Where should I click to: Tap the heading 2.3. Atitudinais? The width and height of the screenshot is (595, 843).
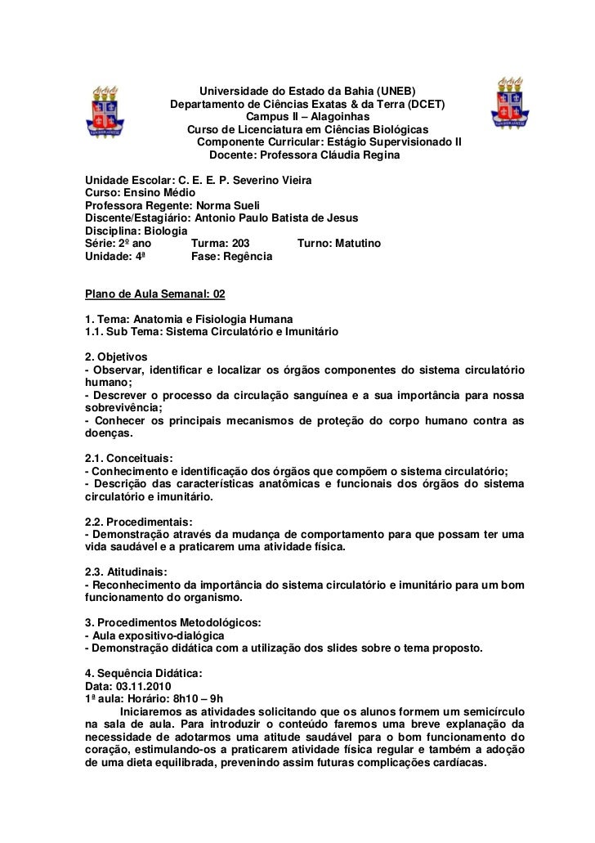click(x=129, y=572)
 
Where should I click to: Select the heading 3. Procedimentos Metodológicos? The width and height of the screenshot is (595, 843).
click(x=173, y=623)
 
